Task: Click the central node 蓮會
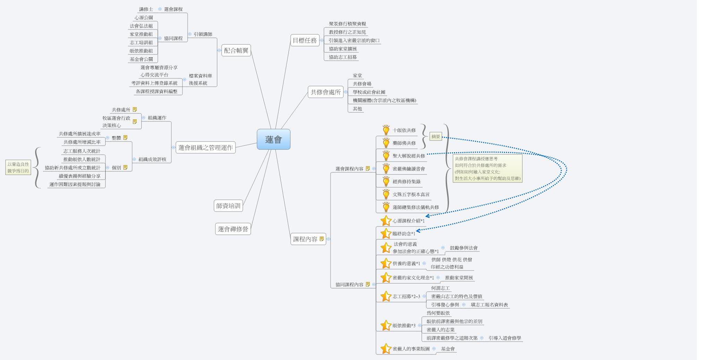[x=273, y=139]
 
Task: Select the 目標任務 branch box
[x=305, y=41]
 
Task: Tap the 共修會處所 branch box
[x=325, y=92]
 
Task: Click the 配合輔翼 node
[x=236, y=51]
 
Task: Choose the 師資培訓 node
[x=228, y=206]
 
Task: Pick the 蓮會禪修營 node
[x=233, y=229]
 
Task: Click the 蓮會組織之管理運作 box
[x=205, y=147]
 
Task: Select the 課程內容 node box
[x=305, y=239]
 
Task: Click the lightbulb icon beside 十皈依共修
[x=386, y=130]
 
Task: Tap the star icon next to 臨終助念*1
[x=386, y=233]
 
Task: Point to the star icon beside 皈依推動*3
[x=386, y=325]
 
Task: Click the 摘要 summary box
[x=436, y=137]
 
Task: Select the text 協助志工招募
[x=343, y=57]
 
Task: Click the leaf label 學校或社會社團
[x=369, y=92]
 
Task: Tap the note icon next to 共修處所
[x=135, y=110]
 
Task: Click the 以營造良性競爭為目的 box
[x=18, y=168]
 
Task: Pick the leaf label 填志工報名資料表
[x=489, y=305]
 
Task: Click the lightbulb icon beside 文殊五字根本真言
[x=386, y=194]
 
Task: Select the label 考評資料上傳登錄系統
[x=154, y=83]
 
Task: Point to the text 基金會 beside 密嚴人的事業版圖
[x=447, y=349]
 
